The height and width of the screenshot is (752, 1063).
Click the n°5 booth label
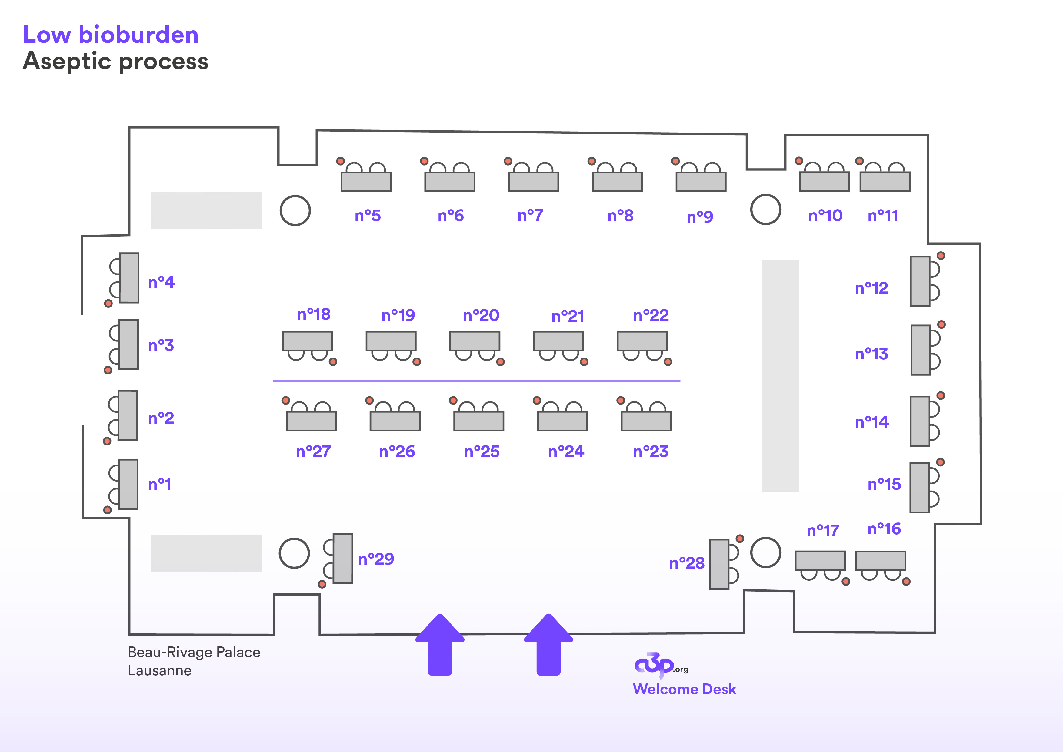click(x=368, y=216)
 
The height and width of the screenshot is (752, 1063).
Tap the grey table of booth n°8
click(x=617, y=182)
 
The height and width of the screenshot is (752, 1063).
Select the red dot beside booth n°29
click(x=322, y=584)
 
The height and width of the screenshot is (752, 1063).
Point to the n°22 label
click(x=651, y=316)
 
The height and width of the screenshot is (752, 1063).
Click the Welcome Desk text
click(x=684, y=689)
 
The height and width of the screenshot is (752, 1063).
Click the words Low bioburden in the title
click(x=111, y=35)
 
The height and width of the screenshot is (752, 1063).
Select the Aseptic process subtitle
click(x=116, y=61)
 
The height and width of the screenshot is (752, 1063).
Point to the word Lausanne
click(x=160, y=670)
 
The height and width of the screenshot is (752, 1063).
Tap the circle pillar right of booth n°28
click(x=766, y=552)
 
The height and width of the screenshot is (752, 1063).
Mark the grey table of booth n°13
click(x=920, y=350)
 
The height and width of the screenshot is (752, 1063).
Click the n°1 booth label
click(x=160, y=484)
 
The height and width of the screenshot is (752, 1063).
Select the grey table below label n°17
click(x=820, y=561)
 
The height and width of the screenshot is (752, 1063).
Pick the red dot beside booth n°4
click(x=108, y=304)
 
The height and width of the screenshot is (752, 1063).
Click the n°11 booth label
click(x=883, y=216)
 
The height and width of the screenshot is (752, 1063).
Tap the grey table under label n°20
click(x=475, y=341)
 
